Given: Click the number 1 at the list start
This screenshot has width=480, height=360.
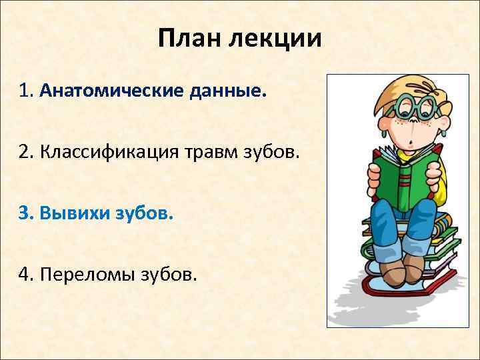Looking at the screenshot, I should point(25,90).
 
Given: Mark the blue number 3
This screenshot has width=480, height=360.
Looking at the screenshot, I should point(25,215).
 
